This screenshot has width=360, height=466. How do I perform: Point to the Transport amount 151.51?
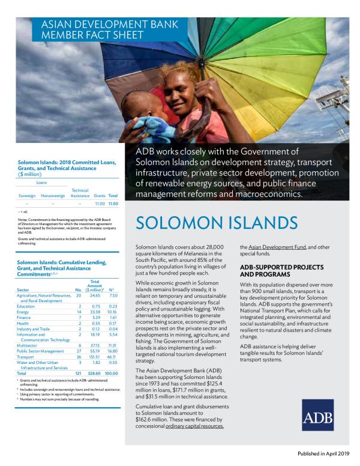[x=94, y=356]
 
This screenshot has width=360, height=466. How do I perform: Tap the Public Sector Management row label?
[x=41, y=350]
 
